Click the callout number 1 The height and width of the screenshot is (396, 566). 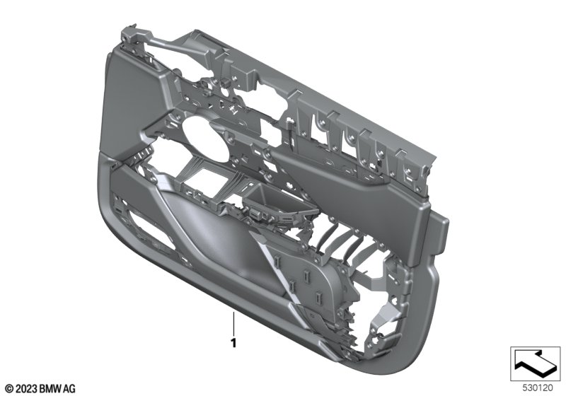[x=233, y=343]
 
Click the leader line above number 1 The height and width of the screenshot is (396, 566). [x=233, y=323]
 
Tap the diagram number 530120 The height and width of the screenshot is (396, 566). [x=538, y=388]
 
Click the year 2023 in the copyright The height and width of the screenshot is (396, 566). [x=25, y=389]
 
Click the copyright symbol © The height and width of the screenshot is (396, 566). [x=9, y=389]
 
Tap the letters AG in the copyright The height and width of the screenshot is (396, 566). [x=69, y=389]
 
